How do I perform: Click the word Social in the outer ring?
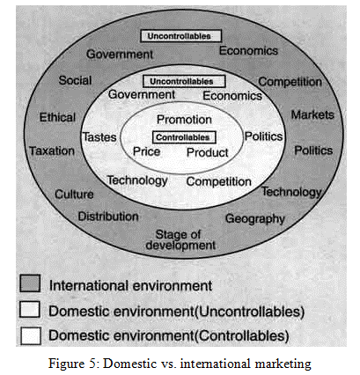pyautogui.click(x=76, y=80)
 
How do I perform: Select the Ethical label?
pyautogui.click(x=57, y=117)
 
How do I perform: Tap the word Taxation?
pyautogui.click(x=52, y=151)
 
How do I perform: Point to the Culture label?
pyautogui.click(x=74, y=194)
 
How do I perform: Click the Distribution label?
pyautogui.click(x=108, y=217)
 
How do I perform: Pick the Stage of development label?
pyautogui.click(x=180, y=239)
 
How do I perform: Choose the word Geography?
pyautogui.click(x=255, y=219)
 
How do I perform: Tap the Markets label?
pyautogui.click(x=312, y=114)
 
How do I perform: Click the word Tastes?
pyautogui.click(x=99, y=137)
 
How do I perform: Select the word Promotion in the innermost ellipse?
pyautogui.click(x=184, y=120)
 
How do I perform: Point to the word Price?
pyautogui.click(x=147, y=151)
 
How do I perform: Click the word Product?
pyautogui.click(x=208, y=152)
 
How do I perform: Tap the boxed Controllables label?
pyautogui.click(x=184, y=137)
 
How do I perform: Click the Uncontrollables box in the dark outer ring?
pyautogui.click(x=180, y=36)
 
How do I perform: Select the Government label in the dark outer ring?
pyautogui.click(x=120, y=55)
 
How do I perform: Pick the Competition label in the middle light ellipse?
pyautogui.click(x=219, y=181)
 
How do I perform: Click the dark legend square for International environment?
pyautogui.click(x=30, y=283)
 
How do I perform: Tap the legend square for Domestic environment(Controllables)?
pyautogui.click(x=31, y=335)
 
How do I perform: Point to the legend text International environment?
pyautogui.click(x=130, y=285)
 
